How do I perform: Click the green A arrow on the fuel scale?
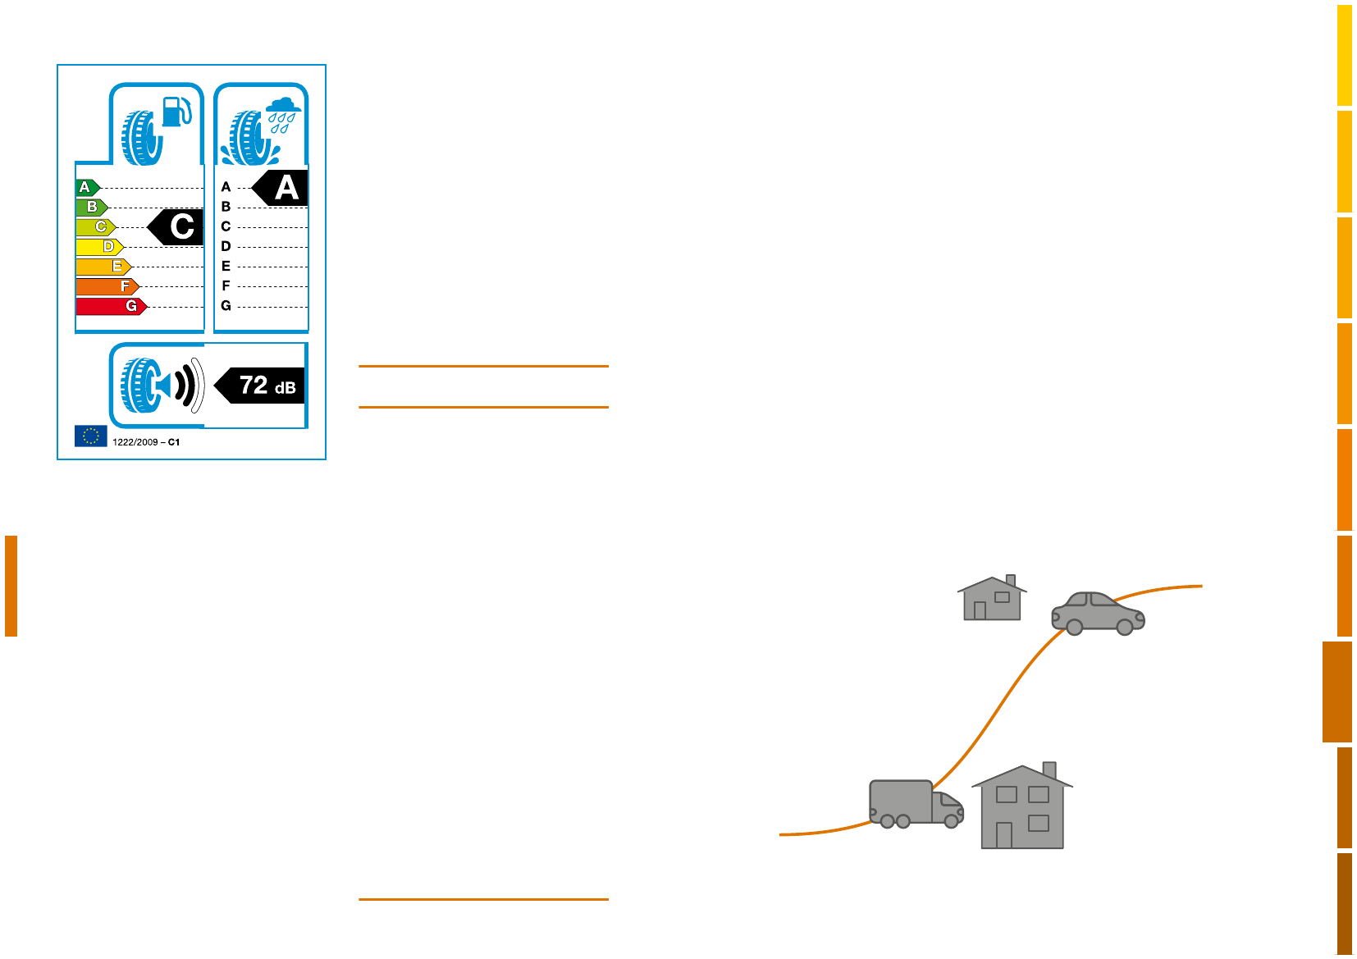tap(87, 188)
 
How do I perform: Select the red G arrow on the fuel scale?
tap(111, 306)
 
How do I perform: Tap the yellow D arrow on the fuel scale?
tap(99, 247)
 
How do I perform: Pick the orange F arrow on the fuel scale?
tap(107, 286)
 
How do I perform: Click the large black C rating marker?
tap(177, 227)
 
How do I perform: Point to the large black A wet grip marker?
tap(281, 189)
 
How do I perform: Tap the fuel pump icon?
tap(176, 112)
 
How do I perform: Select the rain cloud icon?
tap(283, 106)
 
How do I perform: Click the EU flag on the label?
tap(90, 436)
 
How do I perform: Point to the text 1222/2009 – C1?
tap(146, 442)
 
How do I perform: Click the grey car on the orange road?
tap(1098, 613)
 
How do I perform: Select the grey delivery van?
tap(914, 804)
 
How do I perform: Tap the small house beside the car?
tap(992, 599)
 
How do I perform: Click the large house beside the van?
tap(1022, 808)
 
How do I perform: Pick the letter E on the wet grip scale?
tap(226, 267)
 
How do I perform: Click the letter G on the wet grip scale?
tap(226, 306)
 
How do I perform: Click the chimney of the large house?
tap(1049, 770)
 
